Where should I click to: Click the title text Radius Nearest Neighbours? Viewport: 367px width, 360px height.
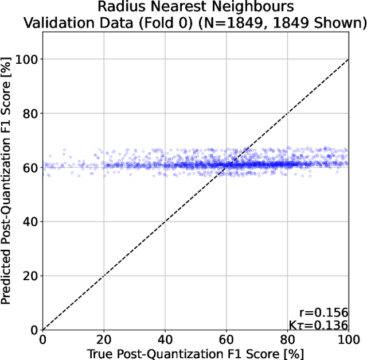[196, 7]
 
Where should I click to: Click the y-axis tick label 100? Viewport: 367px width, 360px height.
[27, 59]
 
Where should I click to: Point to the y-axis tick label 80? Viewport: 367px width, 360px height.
[30, 113]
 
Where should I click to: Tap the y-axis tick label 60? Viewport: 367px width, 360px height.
[30, 168]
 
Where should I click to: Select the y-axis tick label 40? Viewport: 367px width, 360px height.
[30, 222]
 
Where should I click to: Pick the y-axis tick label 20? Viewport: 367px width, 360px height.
[30, 276]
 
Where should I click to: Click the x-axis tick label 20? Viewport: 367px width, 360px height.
[104, 340]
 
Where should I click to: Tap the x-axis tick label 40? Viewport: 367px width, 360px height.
[165, 340]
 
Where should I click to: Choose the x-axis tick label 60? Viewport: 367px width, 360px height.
[227, 340]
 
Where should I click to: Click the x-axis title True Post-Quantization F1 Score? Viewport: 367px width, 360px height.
[195, 353]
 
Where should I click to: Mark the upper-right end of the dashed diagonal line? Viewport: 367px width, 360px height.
[348, 59]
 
